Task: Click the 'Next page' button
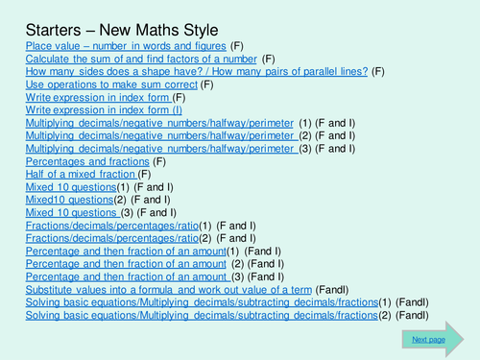tap(428, 339)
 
